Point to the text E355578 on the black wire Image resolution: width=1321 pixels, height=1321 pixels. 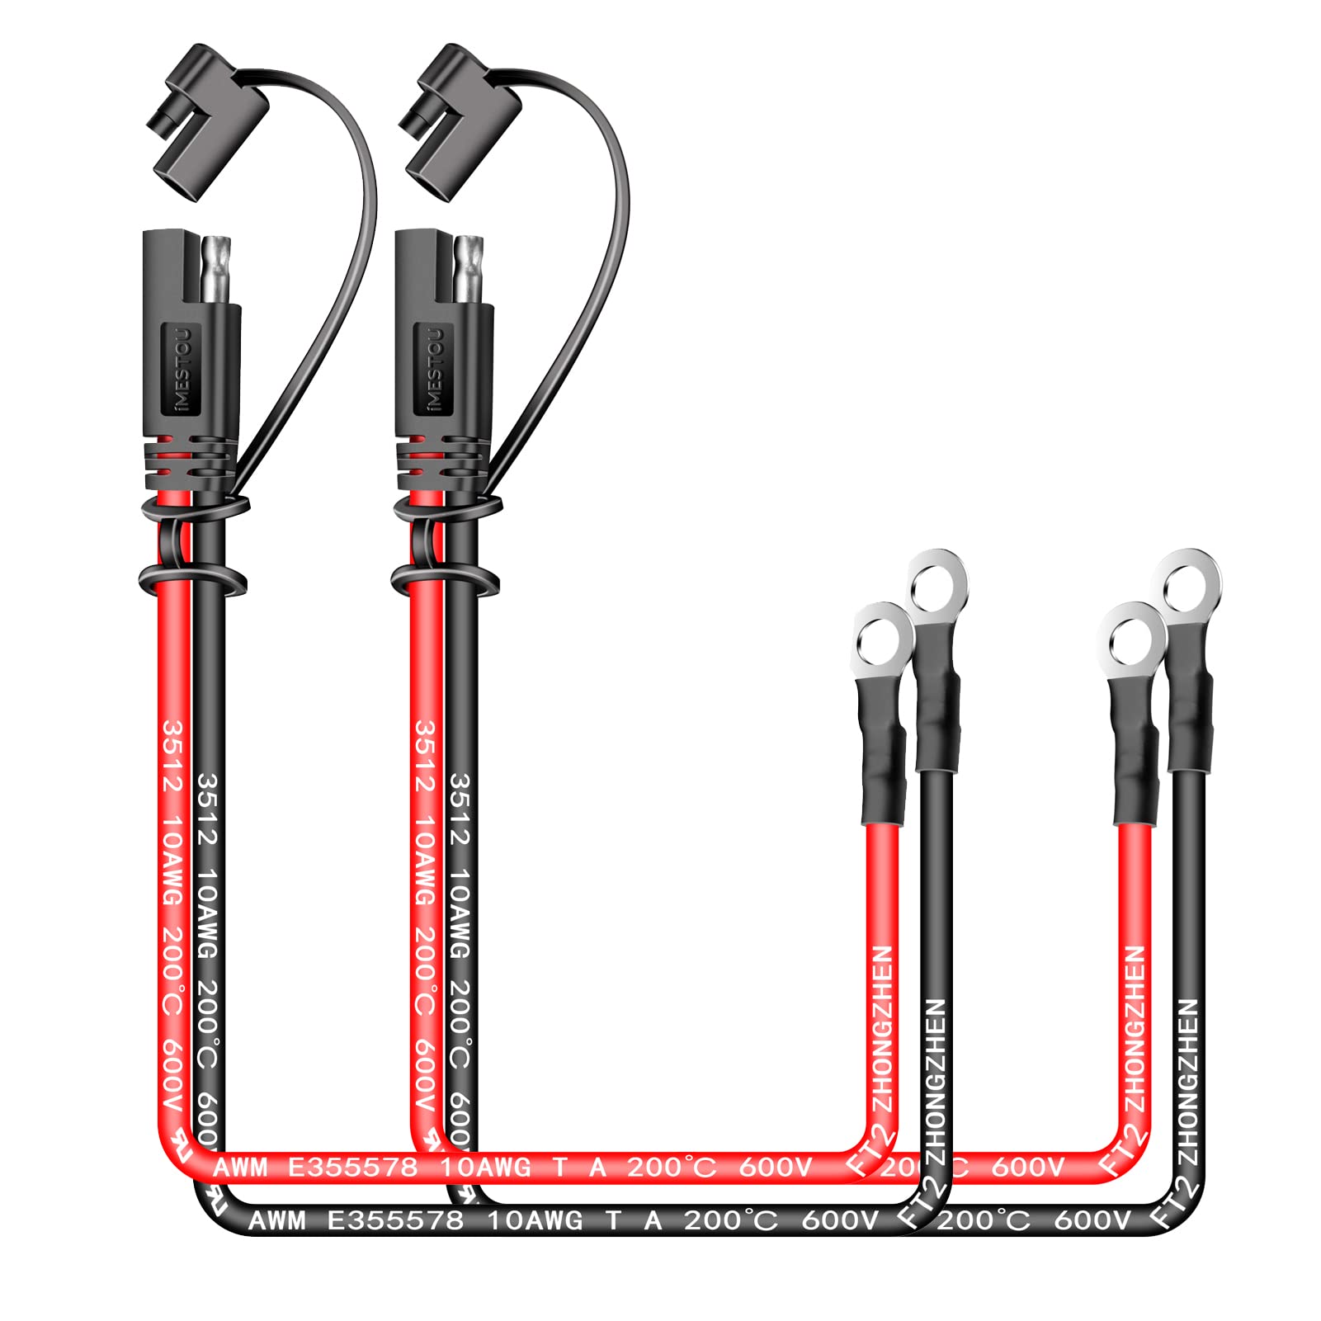click(x=395, y=1220)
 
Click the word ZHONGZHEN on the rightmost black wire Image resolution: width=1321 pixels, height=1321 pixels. click(x=1187, y=1081)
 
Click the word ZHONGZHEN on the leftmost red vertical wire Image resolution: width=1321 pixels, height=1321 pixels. click(x=882, y=1028)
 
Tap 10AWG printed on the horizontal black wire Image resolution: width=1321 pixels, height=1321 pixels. click(x=535, y=1220)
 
